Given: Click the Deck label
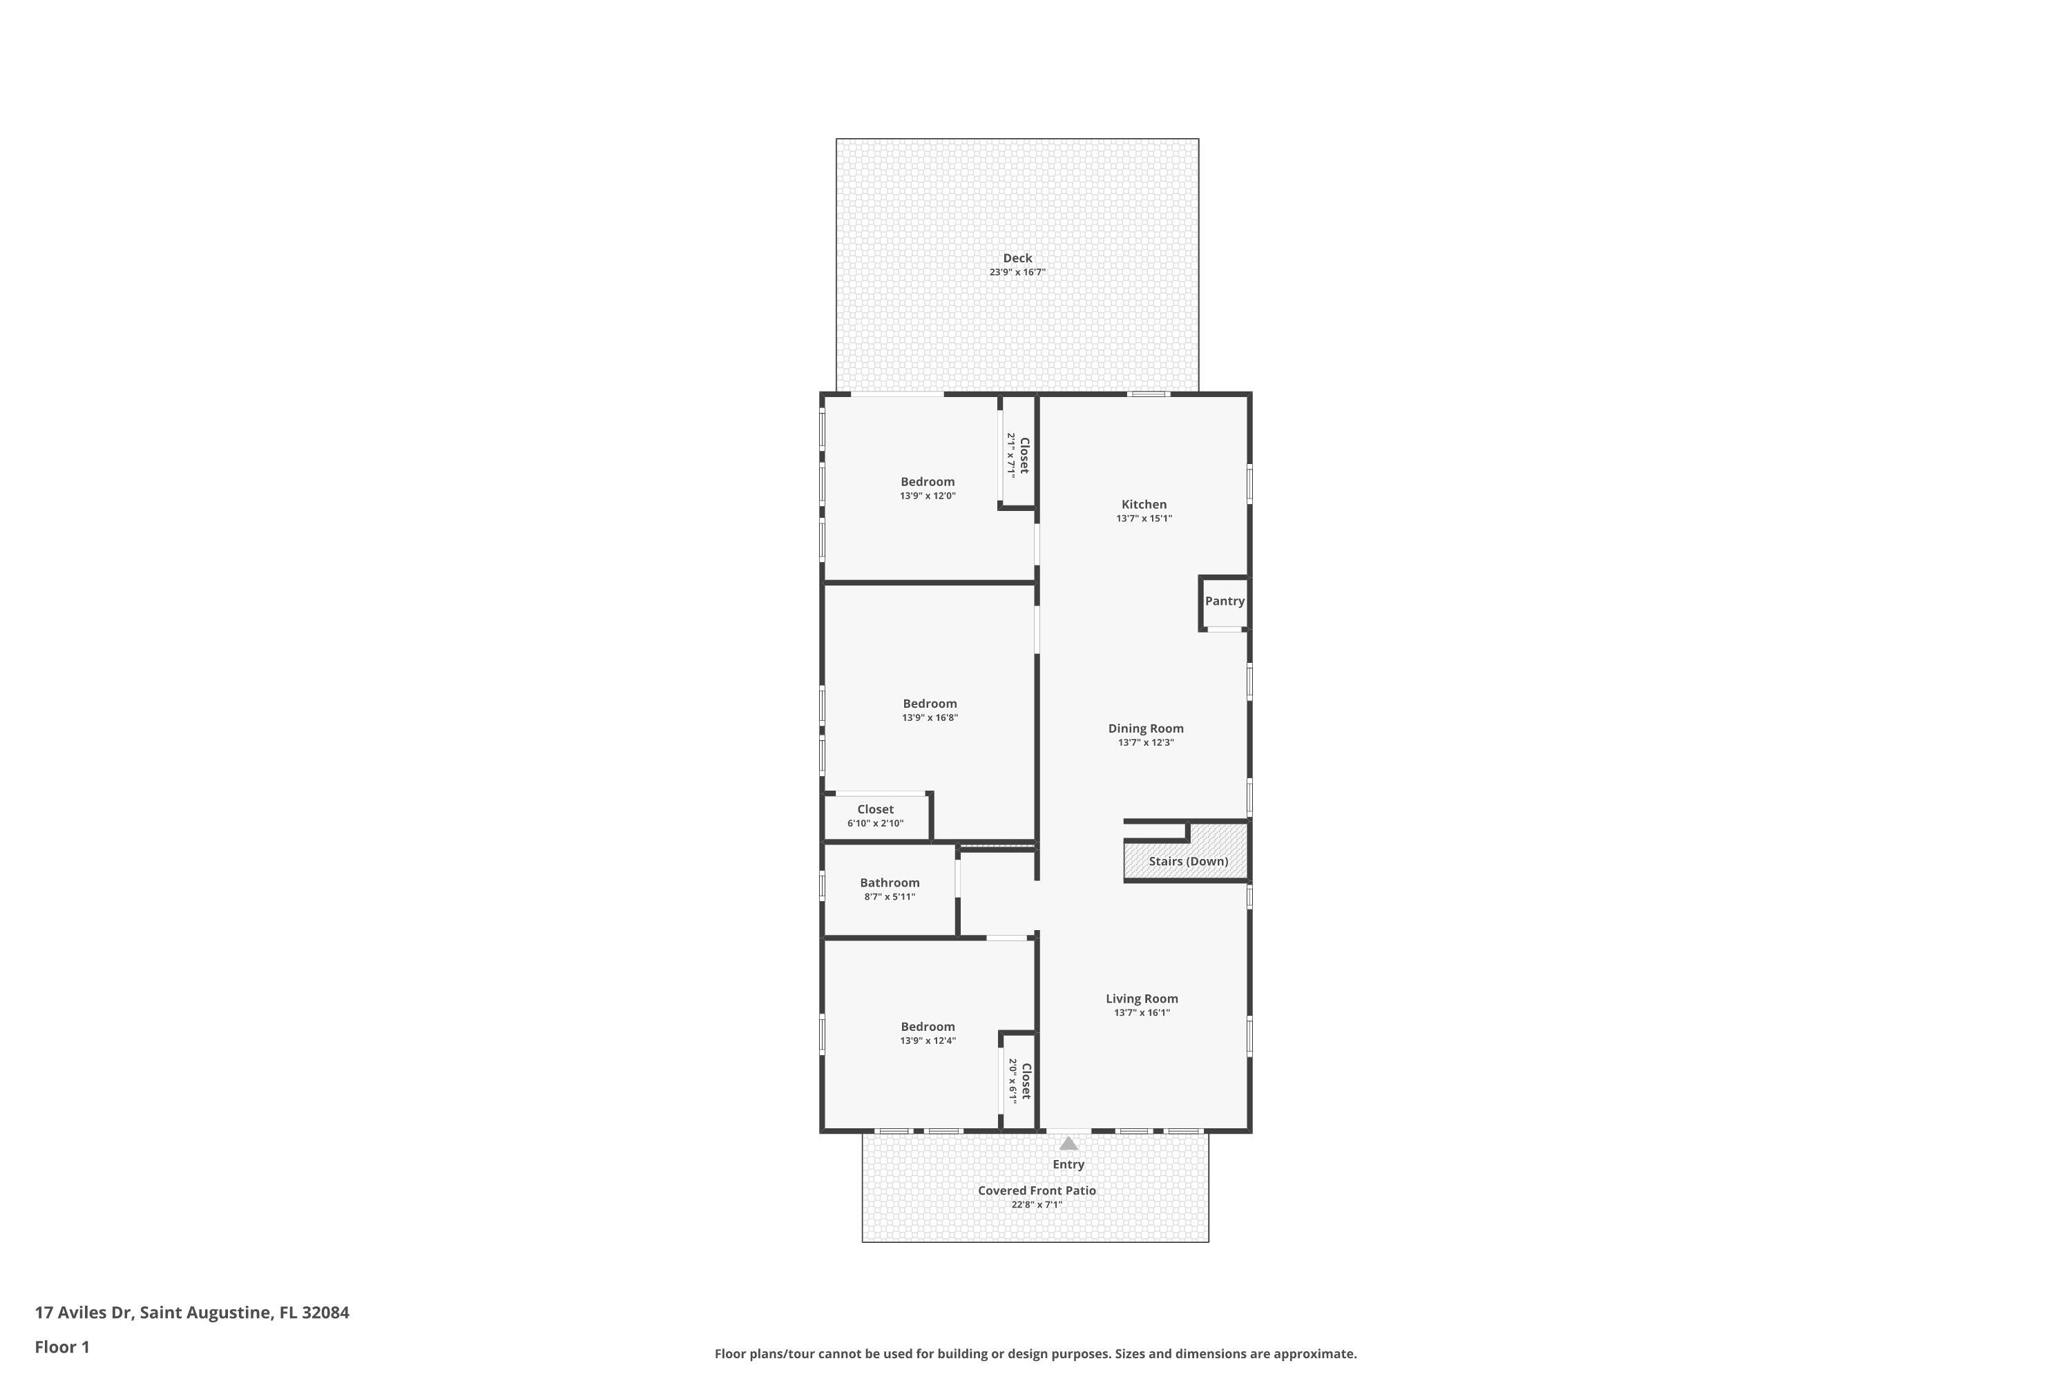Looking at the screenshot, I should tap(1017, 258).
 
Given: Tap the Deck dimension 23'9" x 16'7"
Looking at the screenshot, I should tap(1017, 272).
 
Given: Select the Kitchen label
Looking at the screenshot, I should tap(1144, 505).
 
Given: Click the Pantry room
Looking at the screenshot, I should tap(1225, 601).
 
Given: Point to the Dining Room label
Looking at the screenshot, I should tap(1145, 728).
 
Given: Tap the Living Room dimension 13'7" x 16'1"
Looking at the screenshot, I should tap(1142, 1013).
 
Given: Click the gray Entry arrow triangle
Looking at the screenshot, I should tap(1068, 1144).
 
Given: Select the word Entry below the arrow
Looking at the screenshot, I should tap(1068, 1164).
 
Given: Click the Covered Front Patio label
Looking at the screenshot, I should tap(1036, 1190).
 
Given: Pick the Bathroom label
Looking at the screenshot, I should tap(890, 882).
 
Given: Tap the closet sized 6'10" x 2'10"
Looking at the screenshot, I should tap(876, 816).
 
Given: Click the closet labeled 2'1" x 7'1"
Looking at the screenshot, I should tap(1018, 454).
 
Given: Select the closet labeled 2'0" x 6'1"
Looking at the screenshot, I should tap(1019, 1081).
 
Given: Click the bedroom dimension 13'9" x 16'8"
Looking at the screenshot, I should tap(930, 718).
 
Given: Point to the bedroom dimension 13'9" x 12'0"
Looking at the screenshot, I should tap(927, 496).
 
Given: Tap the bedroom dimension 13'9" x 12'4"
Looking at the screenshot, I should tap(927, 1041).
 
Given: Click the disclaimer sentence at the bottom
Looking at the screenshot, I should tap(1035, 1353).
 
